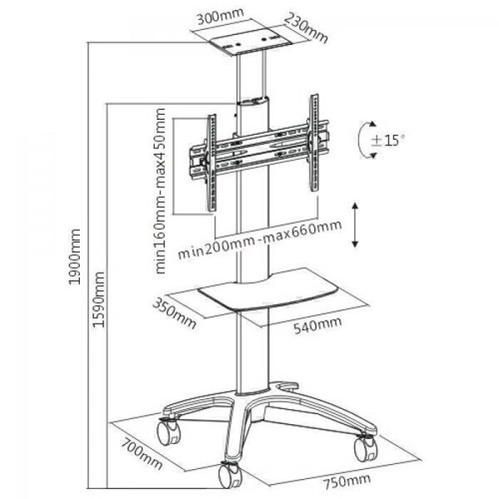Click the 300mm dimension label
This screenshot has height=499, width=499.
click(x=220, y=17)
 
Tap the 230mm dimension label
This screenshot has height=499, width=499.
click(x=305, y=28)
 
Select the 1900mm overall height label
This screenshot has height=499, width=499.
click(x=75, y=256)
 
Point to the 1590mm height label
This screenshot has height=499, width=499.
click(x=98, y=299)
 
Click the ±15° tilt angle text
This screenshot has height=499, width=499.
click(x=388, y=140)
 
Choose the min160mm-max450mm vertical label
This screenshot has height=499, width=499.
click(x=161, y=191)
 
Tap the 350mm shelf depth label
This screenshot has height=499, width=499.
click(x=174, y=313)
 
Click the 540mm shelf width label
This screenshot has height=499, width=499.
click(x=318, y=325)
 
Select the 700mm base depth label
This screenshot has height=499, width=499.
click(x=142, y=454)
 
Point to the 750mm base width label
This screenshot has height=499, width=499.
click(x=347, y=482)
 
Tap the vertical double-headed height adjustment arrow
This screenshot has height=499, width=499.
click(x=355, y=225)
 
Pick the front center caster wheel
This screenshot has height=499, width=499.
click(x=230, y=475)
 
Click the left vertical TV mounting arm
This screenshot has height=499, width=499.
click(x=211, y=163)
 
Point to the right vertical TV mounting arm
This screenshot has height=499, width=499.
click(x=314, y=142)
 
